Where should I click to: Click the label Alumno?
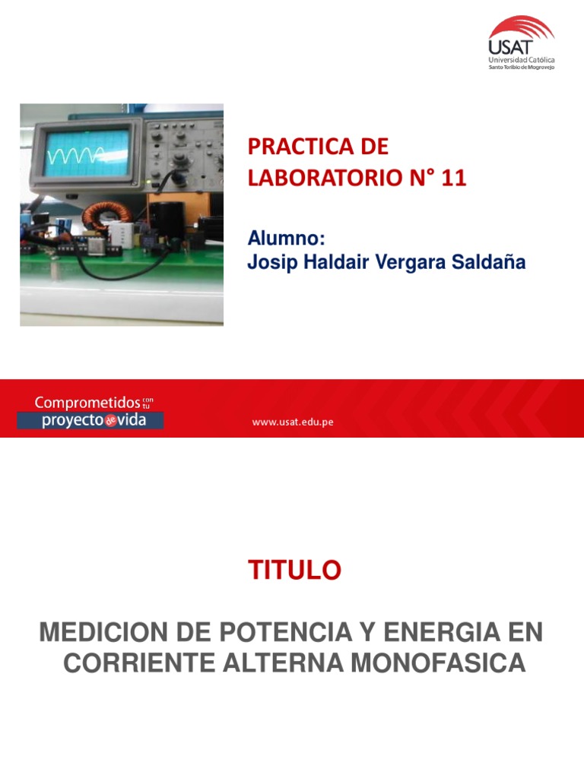[x=287, y=239]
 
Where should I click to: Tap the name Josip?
[x=270, y=262]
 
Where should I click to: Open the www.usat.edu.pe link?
[x=293, y=422]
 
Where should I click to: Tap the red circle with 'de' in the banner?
[x=110, y=420]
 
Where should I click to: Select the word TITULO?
[x=294, y=570]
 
